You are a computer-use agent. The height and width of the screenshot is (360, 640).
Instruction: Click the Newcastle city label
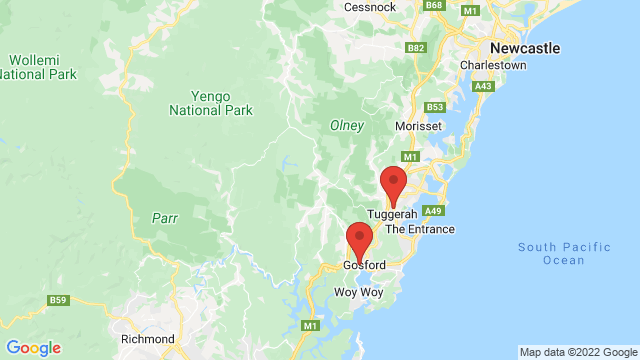[x=524, y=47]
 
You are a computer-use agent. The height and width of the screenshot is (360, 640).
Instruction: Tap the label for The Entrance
[x=420, y=229]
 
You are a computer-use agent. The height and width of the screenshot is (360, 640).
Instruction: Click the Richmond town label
[x=148, y=339]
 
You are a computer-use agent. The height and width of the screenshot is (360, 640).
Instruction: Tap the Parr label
[x=165, y=217]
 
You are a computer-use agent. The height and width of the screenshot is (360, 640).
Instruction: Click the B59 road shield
[x=58, y=299]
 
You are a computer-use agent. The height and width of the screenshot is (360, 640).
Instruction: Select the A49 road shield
[x=433, y=211]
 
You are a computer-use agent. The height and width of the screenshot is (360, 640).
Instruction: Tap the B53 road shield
[x=433, y=107]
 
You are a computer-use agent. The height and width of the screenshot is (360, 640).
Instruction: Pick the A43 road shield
[x=484, y=87]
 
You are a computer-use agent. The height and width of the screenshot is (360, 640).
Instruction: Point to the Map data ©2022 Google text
[x=578, y=352]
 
